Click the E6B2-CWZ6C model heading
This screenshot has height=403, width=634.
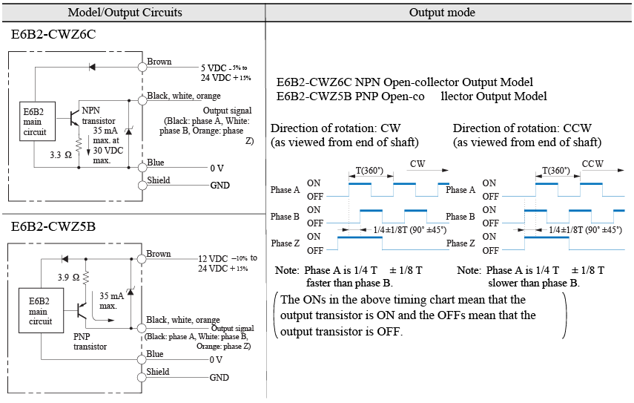(53, 35)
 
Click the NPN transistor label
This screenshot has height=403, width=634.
(98, 116)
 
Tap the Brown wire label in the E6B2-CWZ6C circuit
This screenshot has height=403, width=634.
(159, 62)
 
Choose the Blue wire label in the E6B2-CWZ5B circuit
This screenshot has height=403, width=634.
(155, 355)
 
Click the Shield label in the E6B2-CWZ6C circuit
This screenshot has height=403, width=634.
(159, 180)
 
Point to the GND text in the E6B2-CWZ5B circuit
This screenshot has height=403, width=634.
(219, 378)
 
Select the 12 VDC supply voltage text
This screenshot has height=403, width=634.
(214, 258)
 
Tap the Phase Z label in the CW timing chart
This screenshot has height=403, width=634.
(285, 243)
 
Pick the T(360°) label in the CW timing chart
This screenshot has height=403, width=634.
(369, 170)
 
